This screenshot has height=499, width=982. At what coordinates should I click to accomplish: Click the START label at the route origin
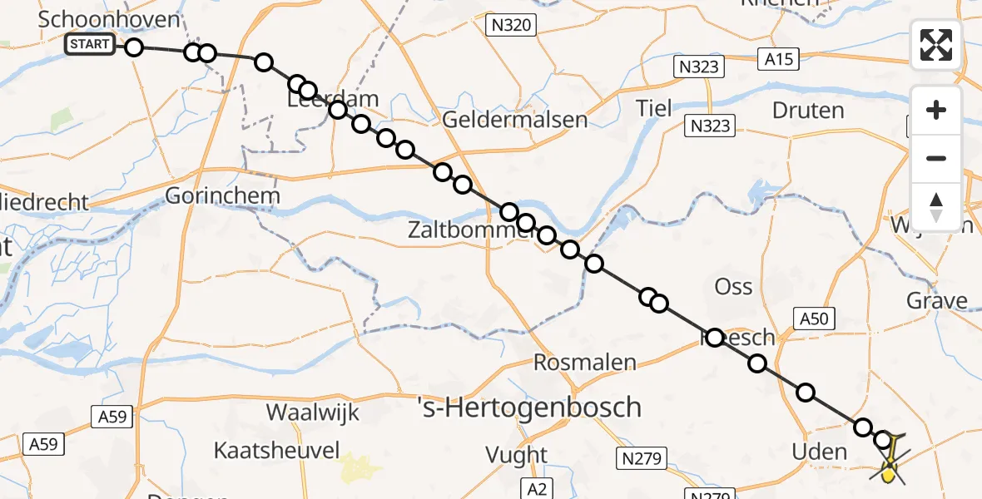click(x=90, y=44)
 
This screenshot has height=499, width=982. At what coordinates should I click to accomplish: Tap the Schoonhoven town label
click(x=110, y=19)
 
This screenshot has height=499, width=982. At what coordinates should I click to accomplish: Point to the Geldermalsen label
click(x=514, y=119)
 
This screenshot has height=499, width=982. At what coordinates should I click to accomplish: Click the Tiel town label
click(x=653, y=107)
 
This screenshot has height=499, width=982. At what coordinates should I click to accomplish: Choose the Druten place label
click(x=808, y=110)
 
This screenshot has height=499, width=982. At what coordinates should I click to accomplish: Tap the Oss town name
click(x=733, y=287)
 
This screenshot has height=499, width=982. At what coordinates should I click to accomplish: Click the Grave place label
click(x=936, y=300)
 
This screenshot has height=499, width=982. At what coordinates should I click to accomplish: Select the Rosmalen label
click(x=584, y=363)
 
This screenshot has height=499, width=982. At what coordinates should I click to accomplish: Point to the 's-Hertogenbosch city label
click(x=529, y=408)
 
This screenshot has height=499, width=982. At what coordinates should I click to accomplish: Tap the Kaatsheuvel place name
click(x=276, y=451)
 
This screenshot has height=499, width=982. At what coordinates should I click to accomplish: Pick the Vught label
click(x=518, y=455)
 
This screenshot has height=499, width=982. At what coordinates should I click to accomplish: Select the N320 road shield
click(x=511, y=26)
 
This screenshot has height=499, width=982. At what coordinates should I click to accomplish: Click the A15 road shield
click(x=779, y=58)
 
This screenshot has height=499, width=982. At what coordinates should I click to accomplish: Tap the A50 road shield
click(x=815, y=319)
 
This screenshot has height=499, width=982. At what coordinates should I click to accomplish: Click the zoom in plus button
click(x=936, y=110)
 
